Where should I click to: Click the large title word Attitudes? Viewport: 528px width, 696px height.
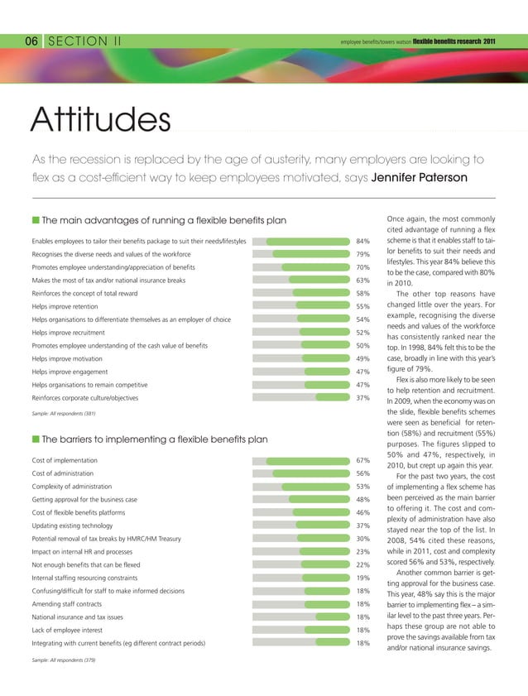(x=99, y=122)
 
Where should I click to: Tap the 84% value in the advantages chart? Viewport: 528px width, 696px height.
(x=362, y=242)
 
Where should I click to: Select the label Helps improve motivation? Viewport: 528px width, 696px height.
(x=67, y=359)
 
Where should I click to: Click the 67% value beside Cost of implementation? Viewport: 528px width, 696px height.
(x=362, y=460)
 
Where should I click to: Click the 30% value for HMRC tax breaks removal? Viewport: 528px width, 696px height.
(x=362, y=539)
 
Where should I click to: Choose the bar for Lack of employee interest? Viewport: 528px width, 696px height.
(x=328, y=630)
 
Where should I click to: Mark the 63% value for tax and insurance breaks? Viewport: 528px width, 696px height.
(x=362, y=281)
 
